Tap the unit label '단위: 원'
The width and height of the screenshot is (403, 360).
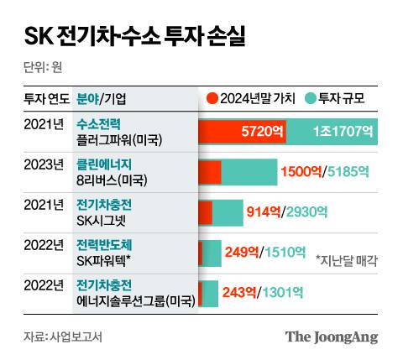(x=44, y=67)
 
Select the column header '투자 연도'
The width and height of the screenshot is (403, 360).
(x=46, y=97)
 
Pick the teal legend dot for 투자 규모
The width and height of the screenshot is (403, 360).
(x=311, y=97)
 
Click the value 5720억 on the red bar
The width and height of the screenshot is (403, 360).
(x=261, y=132)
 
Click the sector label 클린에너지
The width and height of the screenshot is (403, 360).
(x=104, y=163)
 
